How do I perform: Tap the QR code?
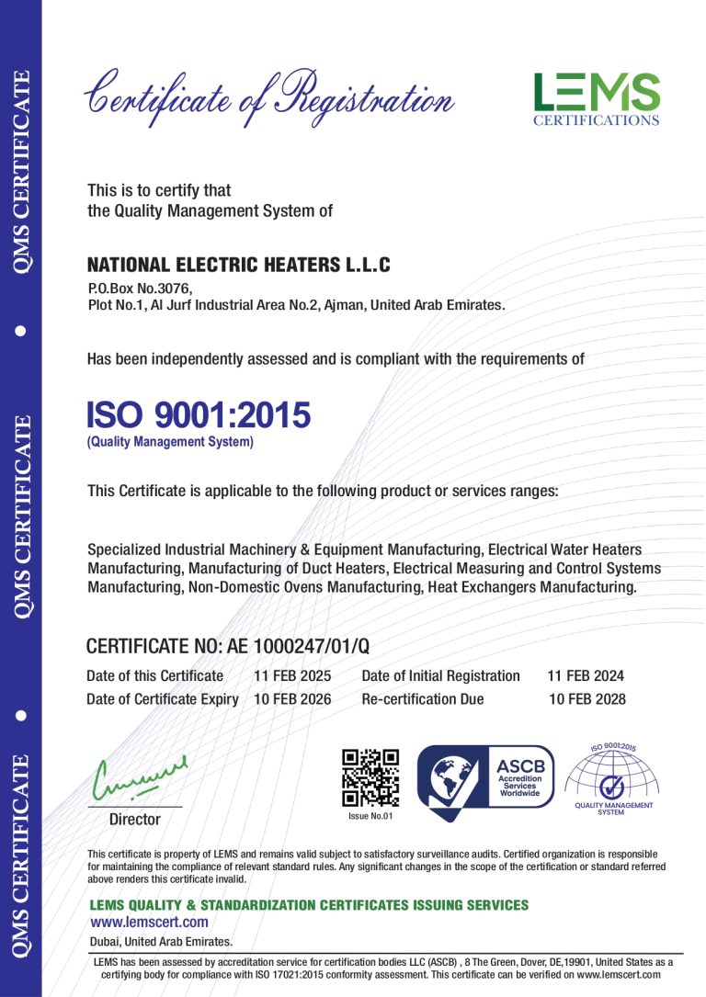pos(370,777)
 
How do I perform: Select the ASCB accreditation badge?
pos(486,776)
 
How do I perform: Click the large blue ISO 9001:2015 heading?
pos(199,415)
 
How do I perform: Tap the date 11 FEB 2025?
pos(292,675)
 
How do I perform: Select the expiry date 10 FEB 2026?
pos(292,699)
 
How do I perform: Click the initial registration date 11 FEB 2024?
pos(586,675)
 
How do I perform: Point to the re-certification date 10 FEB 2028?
pos(586,699)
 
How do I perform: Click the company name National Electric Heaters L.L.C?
pos(239,266)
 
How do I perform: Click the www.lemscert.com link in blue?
pos(149,922)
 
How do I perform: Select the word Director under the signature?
pos(135,819)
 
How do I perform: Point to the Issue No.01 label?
pos(370,816)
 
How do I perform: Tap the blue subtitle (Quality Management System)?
pos(170,443)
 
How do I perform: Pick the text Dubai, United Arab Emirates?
pos(161,942)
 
